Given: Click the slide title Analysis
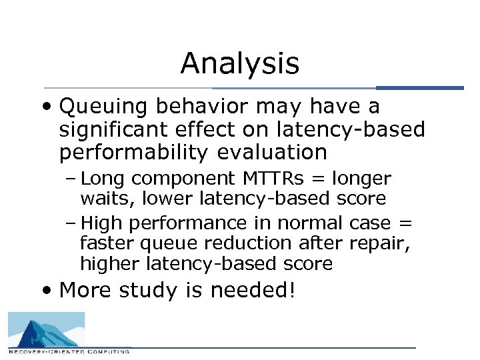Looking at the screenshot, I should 239,64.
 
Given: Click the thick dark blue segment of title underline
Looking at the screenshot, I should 419,88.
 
